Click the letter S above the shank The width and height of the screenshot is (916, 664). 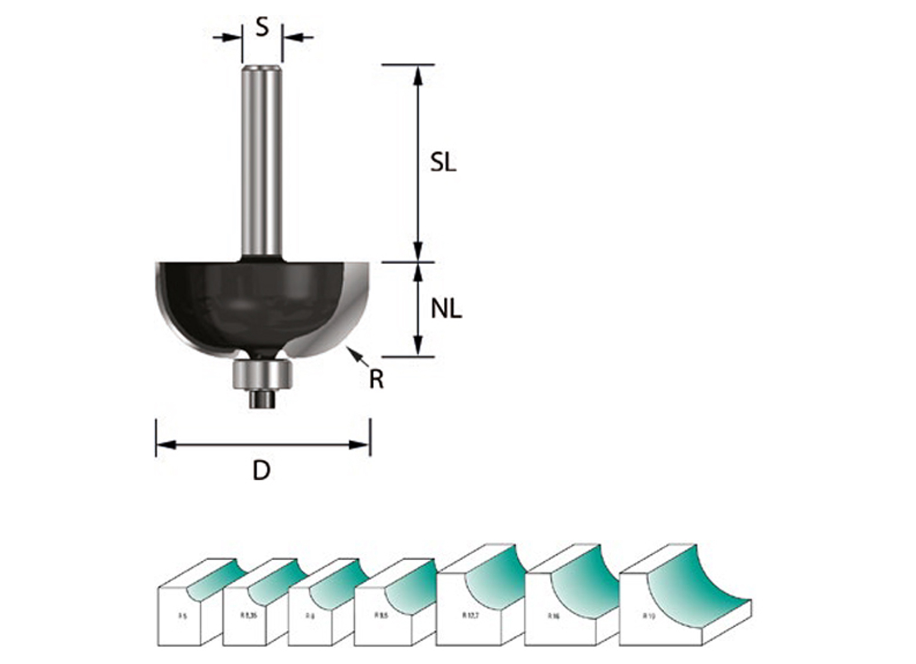(262, 27)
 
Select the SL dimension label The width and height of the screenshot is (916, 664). (443, 163)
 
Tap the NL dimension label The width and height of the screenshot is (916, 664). (446, 309)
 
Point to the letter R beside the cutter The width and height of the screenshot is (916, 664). (376, 380)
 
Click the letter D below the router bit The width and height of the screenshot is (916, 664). (261, 471)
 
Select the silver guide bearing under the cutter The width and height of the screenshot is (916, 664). (262, 374)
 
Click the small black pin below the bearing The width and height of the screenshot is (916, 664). (262, 399)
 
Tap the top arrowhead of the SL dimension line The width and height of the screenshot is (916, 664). (418, 75)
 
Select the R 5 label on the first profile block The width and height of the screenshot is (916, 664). (182, 617)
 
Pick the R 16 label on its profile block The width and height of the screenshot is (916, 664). (553, 616)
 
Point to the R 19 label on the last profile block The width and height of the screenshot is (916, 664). (648, 616)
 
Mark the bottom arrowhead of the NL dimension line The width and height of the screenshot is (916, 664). (418, 346)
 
